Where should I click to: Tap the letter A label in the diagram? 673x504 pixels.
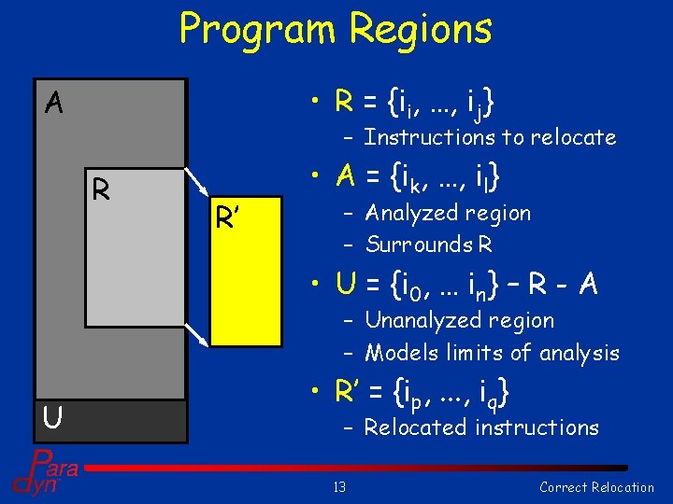(x=54, y=103)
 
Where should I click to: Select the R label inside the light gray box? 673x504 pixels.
(x=101, y=190)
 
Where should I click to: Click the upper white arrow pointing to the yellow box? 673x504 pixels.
(x=197, y=183)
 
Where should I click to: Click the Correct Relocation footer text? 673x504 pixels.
(x=596, y=486)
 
